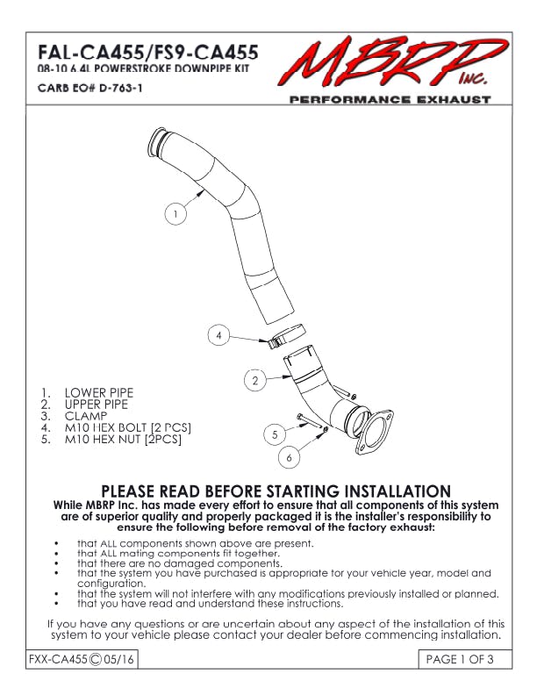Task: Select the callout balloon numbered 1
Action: point(176,212)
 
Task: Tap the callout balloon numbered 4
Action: point(220,335)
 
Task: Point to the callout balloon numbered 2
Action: point(254,381)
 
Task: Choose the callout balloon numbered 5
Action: point(275,433)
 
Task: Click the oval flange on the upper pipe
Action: point(375,433)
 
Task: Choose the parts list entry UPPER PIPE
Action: point(97,404)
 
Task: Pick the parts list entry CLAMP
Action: point(86,415)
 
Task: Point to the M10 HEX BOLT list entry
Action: point(128,427)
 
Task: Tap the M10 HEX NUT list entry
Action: point(123,439)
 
